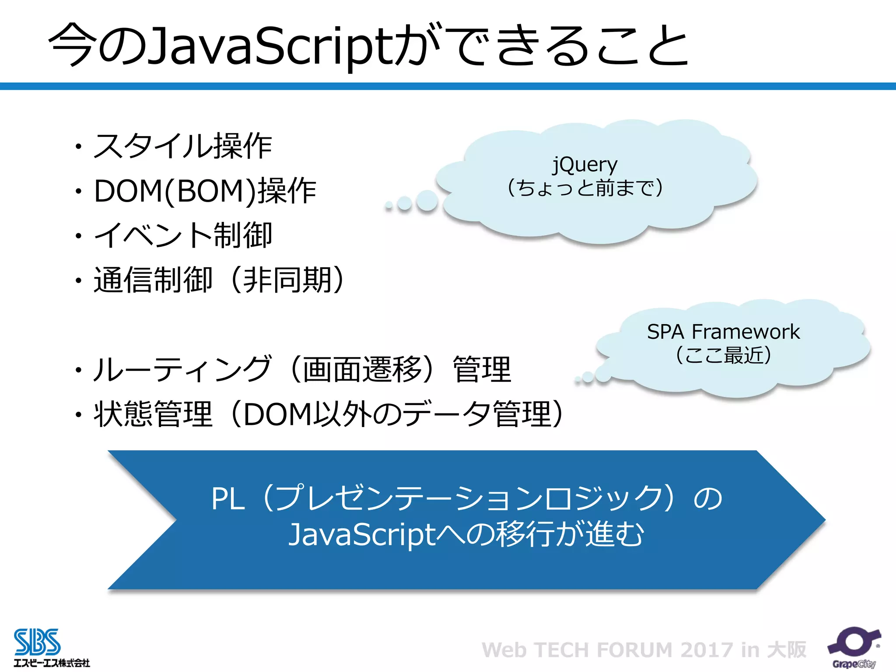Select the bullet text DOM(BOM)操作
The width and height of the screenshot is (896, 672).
pos(205,191)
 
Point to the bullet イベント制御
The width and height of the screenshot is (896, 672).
pos(183,235)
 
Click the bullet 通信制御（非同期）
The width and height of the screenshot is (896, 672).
pos(219,280)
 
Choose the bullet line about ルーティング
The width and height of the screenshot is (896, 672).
pos(302,369)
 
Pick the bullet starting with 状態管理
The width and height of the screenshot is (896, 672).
pos(328,414)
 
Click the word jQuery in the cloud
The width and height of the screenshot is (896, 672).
pos(584,164)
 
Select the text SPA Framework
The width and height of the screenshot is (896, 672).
pos(723,332)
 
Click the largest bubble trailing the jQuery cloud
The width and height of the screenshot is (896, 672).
pos(427,201)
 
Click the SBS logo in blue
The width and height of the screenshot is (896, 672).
pos(37,642)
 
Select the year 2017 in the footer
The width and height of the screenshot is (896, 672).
pos(707,650)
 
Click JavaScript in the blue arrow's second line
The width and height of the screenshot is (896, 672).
pos(362,535)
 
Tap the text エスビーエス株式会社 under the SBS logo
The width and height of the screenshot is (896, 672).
pos(52,663)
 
